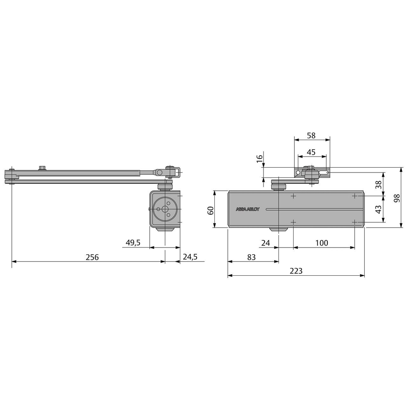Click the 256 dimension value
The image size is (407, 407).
(x=92, y=257)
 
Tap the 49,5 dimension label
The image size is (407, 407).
(x=133, y=243)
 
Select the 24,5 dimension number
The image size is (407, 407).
(x=190, y=257)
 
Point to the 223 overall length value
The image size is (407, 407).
(x=296, y=271)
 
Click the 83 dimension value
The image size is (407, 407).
(x=251, y=257)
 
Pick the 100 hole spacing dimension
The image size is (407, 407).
(x=322, y=243)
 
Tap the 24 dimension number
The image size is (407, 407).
(x=266, y=243)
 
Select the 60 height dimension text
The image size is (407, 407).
(x=210, y=210)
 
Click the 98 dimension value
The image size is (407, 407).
(x=397, y=198)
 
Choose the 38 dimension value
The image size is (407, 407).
(x=378, y=185)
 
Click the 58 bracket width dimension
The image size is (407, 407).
(x=311, y=135)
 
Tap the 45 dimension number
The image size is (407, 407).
(x=311, y=152)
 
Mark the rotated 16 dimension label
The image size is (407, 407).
(x=259, y=158)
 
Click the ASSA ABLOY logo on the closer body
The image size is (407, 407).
(x=247, y=209)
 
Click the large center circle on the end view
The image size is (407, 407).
(x=165, y=209)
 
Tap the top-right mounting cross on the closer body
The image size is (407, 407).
(x=355, y=196)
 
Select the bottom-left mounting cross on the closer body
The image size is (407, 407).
(x=293, y=222)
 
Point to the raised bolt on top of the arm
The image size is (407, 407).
(x=42, y=168)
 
